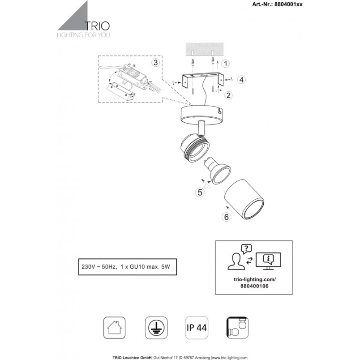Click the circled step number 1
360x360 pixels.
(x=226, y=64)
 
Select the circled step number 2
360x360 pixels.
(x=228, y=95)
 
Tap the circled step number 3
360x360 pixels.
(x=155, y=62)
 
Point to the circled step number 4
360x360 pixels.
(x=241, y=80)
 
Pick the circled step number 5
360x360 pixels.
(x=200, y=192)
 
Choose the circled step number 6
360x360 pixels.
(x=227, y=217)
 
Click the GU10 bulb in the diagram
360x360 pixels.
(x=218, y=170)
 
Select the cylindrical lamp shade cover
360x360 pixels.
(x=244, y=199)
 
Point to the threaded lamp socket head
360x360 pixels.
(x=195, y=147)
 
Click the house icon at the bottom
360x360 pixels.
(x=114, y=328)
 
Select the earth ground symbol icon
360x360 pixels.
(x=156, y=328)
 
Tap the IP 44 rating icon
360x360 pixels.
(x=197, y=328)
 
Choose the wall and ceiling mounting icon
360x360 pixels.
(x=238, y=328)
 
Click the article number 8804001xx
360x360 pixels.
(x=288, y=4)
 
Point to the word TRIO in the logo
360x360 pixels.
(x=97, y=26)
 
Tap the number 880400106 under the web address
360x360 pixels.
(x=254, y=286)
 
